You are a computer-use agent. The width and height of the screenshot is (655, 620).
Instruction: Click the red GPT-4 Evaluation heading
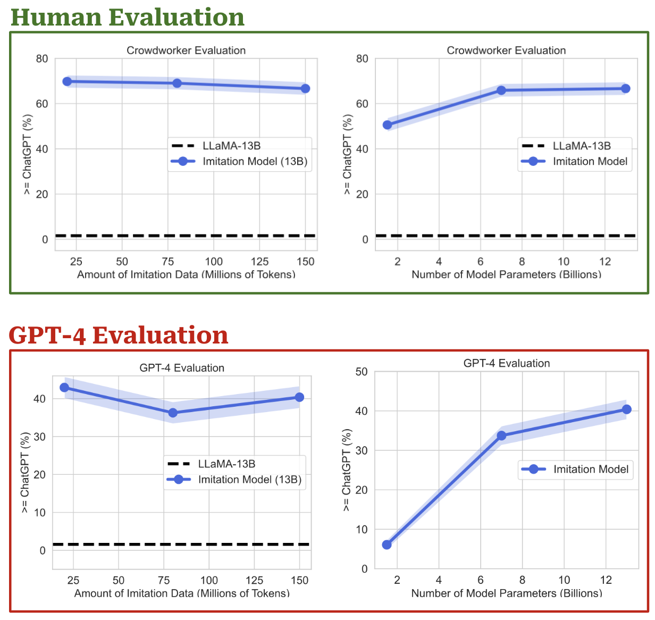(119, 335)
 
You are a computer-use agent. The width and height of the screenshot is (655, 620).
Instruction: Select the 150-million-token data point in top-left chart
(305, 88)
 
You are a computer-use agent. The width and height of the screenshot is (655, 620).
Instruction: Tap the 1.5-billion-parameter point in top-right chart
(388, 125)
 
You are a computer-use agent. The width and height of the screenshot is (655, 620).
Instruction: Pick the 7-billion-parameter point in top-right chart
(501, 90)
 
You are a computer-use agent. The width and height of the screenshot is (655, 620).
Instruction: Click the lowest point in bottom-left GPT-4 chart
(173, 413)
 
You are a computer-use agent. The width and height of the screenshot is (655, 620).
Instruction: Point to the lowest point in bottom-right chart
(387, 544)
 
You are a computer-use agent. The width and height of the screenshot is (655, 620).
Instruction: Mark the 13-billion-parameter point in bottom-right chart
(626, 409)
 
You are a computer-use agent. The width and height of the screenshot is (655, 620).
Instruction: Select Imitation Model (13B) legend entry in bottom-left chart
(249, 480)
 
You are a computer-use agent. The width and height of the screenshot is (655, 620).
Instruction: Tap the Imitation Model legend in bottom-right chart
(591, 469)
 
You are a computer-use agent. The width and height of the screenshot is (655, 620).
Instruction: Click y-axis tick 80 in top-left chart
(42, 58)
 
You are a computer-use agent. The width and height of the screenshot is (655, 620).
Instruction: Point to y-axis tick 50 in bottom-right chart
(362, 372)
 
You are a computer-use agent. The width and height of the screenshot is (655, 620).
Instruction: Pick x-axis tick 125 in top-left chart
(259, 262)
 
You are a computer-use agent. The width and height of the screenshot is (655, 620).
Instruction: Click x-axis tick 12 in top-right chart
(605, 262)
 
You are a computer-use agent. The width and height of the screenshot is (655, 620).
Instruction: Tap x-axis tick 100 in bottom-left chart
(209, 580)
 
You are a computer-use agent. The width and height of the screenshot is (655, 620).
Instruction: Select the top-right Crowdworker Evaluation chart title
(506, 51)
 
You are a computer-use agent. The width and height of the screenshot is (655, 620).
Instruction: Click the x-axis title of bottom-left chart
(182, 593)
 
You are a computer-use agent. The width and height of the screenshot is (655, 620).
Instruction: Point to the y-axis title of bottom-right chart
(347, 470)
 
